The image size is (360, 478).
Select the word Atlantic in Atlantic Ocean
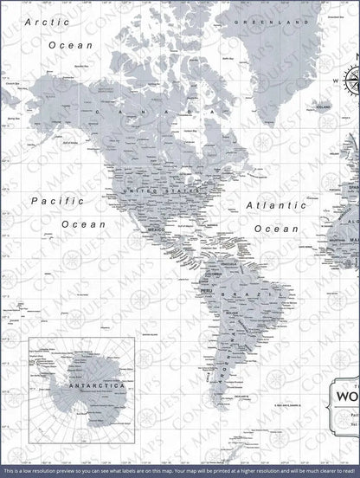point(273,206)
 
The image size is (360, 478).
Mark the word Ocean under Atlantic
point(278,229)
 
